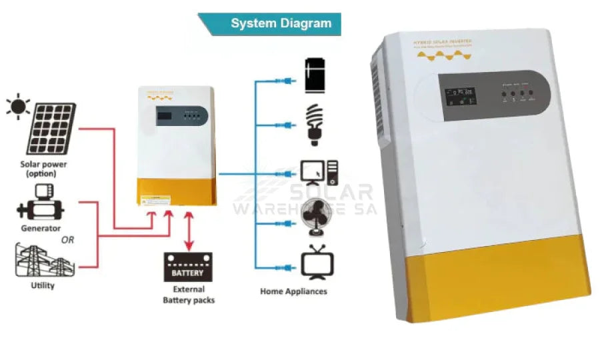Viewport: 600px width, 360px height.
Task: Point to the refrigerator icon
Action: click(x=314, y=75)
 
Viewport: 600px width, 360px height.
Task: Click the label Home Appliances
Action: click(x=293, y=291)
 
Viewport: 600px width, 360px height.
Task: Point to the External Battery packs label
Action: click(x=189, y=295)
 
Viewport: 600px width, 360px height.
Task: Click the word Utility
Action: click(x=42, y=286)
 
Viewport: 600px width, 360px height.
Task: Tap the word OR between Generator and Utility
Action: click(x=67, y=240)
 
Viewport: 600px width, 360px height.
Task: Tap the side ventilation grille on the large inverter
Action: click(x=381, y=93)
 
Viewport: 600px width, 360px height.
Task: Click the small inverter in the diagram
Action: click(x=176, y=145)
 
